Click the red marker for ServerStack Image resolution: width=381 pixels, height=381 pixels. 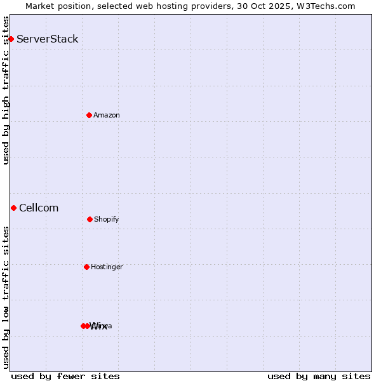(11, 39)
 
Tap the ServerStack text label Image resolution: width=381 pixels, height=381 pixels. (48, 39)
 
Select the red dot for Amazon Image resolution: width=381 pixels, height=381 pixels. (89, 115)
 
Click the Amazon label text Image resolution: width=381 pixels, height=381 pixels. (107, 115)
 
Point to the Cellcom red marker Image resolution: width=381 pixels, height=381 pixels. (13, 208)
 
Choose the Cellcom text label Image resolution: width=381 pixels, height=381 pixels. (39, 208)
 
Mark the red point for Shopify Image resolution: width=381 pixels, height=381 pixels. (90, 219)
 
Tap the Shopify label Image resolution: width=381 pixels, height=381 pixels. (107, 219)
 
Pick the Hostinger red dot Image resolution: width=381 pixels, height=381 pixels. (86, 267)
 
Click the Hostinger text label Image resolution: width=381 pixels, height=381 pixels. (107, 267)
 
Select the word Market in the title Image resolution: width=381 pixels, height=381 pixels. (40, 6)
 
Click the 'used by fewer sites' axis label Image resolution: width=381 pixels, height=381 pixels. (65, 377)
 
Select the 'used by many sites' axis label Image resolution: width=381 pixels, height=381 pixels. (319, 377)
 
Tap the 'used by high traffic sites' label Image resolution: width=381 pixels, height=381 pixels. (6, 90)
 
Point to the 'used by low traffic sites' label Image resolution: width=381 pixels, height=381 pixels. (6, 297)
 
